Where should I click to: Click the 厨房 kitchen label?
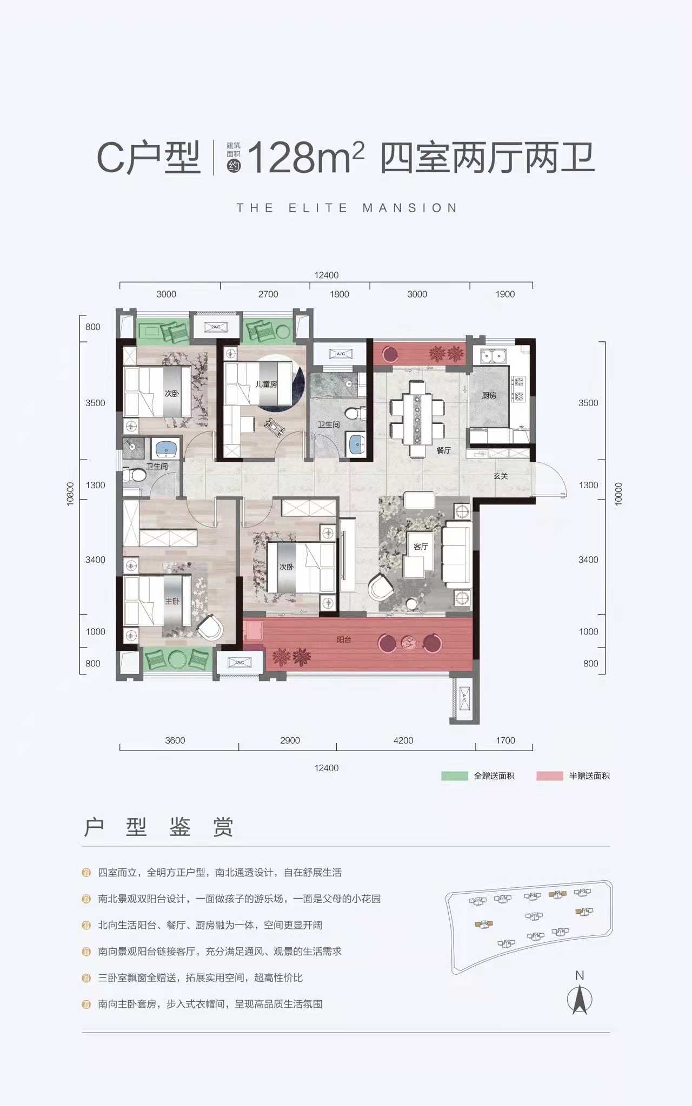(489, 395)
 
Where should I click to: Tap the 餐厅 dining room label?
(443, 450)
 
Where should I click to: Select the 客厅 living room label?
(421, 547)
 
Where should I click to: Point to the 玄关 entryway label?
(501, 476)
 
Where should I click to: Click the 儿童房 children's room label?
(266, 385)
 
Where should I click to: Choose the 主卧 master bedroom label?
(172, 601)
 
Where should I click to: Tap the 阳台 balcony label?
(344, 639)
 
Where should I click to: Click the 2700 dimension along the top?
(268, 294)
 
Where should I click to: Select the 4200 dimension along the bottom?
(403, 740)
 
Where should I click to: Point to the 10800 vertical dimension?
(70, 494)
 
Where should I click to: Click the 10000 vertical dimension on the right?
(619, 494)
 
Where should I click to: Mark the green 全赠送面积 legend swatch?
(455, 776)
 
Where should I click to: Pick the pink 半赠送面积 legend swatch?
(550, 776)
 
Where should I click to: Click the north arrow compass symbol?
(580, 1000)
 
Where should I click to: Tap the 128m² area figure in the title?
(305, 158)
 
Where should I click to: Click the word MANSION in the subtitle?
(410, 208)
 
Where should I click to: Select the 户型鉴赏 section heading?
(158, 827)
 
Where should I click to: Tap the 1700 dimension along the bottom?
(505, 740)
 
